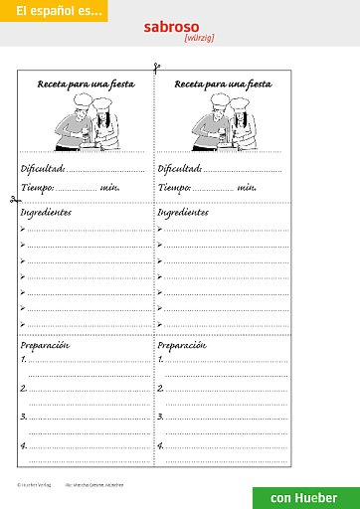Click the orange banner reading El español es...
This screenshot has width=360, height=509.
(52, 12)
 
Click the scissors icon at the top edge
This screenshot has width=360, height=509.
(155, 69)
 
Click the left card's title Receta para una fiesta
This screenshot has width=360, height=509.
(86, 85)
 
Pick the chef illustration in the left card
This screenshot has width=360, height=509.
(86, 123)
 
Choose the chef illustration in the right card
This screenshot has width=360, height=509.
(223, 123)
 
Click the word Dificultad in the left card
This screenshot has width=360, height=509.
(42, 169)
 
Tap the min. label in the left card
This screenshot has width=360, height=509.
(109, 187)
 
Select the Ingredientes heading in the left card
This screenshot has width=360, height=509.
(46, 213)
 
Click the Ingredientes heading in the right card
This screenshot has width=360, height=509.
(183, 213)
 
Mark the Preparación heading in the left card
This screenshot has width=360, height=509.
(45, 345)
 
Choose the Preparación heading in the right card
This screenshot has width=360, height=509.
(182, 345)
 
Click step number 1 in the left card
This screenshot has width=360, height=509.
(24, 360)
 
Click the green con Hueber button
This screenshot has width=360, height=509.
(304, 497)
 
